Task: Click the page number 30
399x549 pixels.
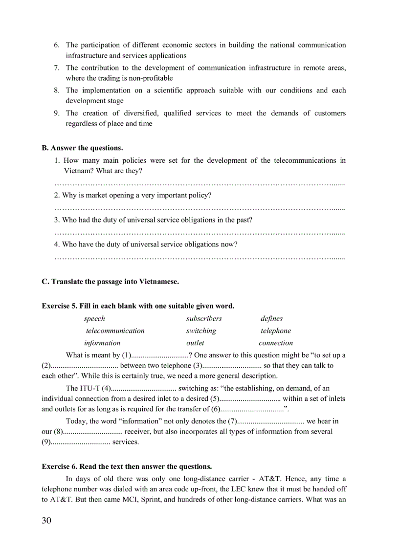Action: [x=46, y=520]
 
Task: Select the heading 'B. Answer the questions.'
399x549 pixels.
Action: [x=82, y=148]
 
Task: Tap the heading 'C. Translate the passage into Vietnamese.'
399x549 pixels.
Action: [x=111, y=282]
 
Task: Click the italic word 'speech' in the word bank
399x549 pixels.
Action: [x=94, y=319]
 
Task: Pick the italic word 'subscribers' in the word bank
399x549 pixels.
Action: [x=204, y=319]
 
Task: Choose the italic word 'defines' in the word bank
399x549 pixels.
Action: [x=271, y=319]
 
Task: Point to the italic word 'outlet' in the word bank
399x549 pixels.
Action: [x=195, y=343]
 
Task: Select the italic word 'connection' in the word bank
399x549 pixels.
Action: [x=276, y=343]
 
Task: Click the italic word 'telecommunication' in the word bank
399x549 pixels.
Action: [x=115, y=331]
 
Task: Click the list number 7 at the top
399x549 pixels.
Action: [x=56, y=68]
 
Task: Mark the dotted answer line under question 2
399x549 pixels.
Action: [x=199, y=208]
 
